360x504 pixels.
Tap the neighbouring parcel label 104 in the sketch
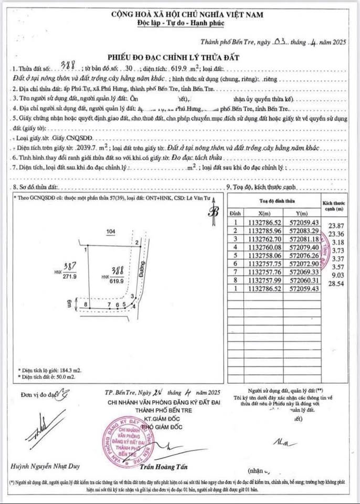[x=110, y=232]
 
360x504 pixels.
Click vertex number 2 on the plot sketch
[x=136, y=242]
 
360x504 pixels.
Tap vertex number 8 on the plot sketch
[x=85, y=304]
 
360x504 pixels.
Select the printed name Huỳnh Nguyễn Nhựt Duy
[x=40, y=466]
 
